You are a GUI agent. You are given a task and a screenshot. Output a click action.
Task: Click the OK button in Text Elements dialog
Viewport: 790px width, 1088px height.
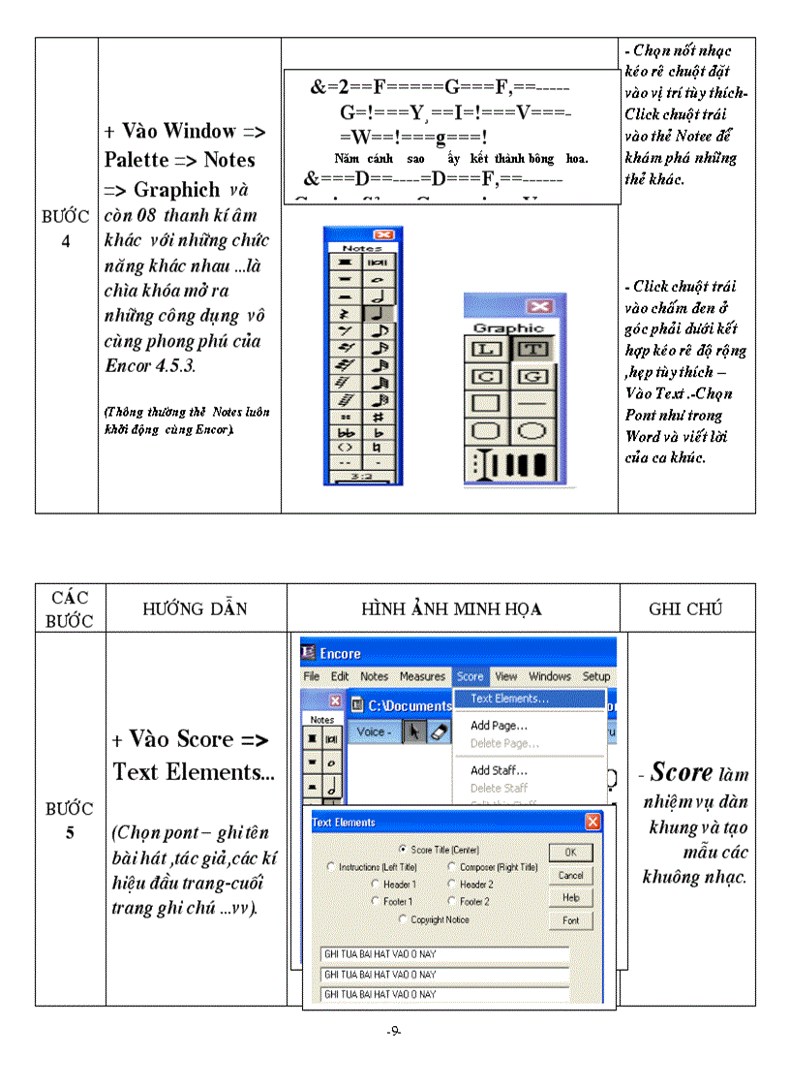pyautogui.click(x=570, y=853)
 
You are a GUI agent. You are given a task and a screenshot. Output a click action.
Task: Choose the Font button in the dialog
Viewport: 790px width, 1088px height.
pyautogui.click(x=570, y=920)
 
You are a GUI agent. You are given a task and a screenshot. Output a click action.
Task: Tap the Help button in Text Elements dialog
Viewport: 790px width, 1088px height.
pyautogui.click(x=570, y=898)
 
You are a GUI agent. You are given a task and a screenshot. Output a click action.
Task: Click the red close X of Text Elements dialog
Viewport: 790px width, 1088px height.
pyautogui.click(x=592, y=822)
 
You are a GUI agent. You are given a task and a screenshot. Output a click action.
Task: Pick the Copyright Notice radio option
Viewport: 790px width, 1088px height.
pyautogui.click(x=404, y=919)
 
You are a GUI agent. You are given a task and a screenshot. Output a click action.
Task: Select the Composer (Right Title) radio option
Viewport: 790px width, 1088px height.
pyautogui.click(x=452, y=867)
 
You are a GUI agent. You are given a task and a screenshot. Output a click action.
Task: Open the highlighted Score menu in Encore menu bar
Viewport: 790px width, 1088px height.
pyautogui.click(x=470, y=676)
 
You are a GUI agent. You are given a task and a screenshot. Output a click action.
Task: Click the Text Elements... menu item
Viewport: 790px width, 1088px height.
pyautogui.click(x=509, y=698)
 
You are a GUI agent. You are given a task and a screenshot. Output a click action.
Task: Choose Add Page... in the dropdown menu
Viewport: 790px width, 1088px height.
pyautogui.click(x=499, y=725)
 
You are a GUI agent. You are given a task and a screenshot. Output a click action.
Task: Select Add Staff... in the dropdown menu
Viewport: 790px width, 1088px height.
pyautogui.click(x=499, y=770)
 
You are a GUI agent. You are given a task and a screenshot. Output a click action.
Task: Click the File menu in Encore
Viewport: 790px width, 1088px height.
pyautogui.click(x=312, y=676)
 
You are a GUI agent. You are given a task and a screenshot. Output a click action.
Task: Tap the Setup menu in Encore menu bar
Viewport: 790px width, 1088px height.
pyautogui.click(x=595, y=676)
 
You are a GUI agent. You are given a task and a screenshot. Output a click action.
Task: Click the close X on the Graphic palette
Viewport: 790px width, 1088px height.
pyautogui.click(x=539, y=307)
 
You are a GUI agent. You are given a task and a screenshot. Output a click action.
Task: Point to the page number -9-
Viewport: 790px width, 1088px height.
pyautogui.click(x=394, y=1031)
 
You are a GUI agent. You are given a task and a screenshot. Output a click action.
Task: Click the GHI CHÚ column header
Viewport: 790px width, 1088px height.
pyautogui.click(x=686, y=608)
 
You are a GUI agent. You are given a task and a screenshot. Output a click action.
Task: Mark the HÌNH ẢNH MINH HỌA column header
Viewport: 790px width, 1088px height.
pyautogui.click(x=451, y=608)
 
